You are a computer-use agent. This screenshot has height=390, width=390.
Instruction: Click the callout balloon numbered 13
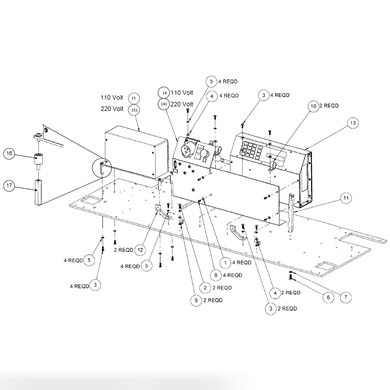tap(352, 123)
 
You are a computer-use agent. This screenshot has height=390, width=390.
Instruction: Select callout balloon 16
tap(9, 154)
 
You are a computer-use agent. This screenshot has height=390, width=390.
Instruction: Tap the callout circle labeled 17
tap(9, 186)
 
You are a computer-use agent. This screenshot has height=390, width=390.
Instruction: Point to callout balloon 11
tap(346, 198)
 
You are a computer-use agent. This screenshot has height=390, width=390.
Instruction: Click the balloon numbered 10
tap(313, 106)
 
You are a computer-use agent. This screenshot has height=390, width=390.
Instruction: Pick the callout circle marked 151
tap(134, 110)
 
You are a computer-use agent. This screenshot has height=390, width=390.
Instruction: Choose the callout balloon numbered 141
tap(164, 104)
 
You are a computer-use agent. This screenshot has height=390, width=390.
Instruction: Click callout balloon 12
tap(140, 250)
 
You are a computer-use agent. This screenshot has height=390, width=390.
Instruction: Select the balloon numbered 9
tap(196, 300)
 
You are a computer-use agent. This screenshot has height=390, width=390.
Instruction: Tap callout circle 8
tap(216, 275)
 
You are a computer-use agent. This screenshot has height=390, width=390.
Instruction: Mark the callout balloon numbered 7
tap(346, 297)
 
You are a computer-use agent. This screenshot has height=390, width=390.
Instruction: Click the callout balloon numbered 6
tap(328, 297)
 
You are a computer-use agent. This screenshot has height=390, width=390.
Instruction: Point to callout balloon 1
tap(225, 263)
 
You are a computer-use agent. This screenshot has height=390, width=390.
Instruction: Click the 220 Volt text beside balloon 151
tap(112, 109)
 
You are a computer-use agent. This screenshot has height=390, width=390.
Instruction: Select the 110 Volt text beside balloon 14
tap(182, 92)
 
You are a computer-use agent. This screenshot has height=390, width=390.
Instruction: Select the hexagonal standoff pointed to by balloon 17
tap(38, 192)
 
